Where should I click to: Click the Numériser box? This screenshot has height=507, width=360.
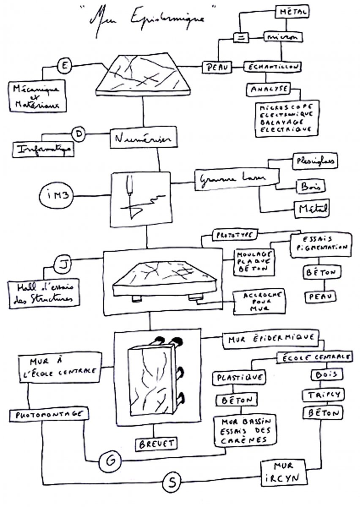pyautogui.click(x=137, y=139)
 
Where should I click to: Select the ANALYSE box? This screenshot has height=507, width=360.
pyautogui.click(x=268, y=89)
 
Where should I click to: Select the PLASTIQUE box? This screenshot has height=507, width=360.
pyautogui.click(x=239, y=377)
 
